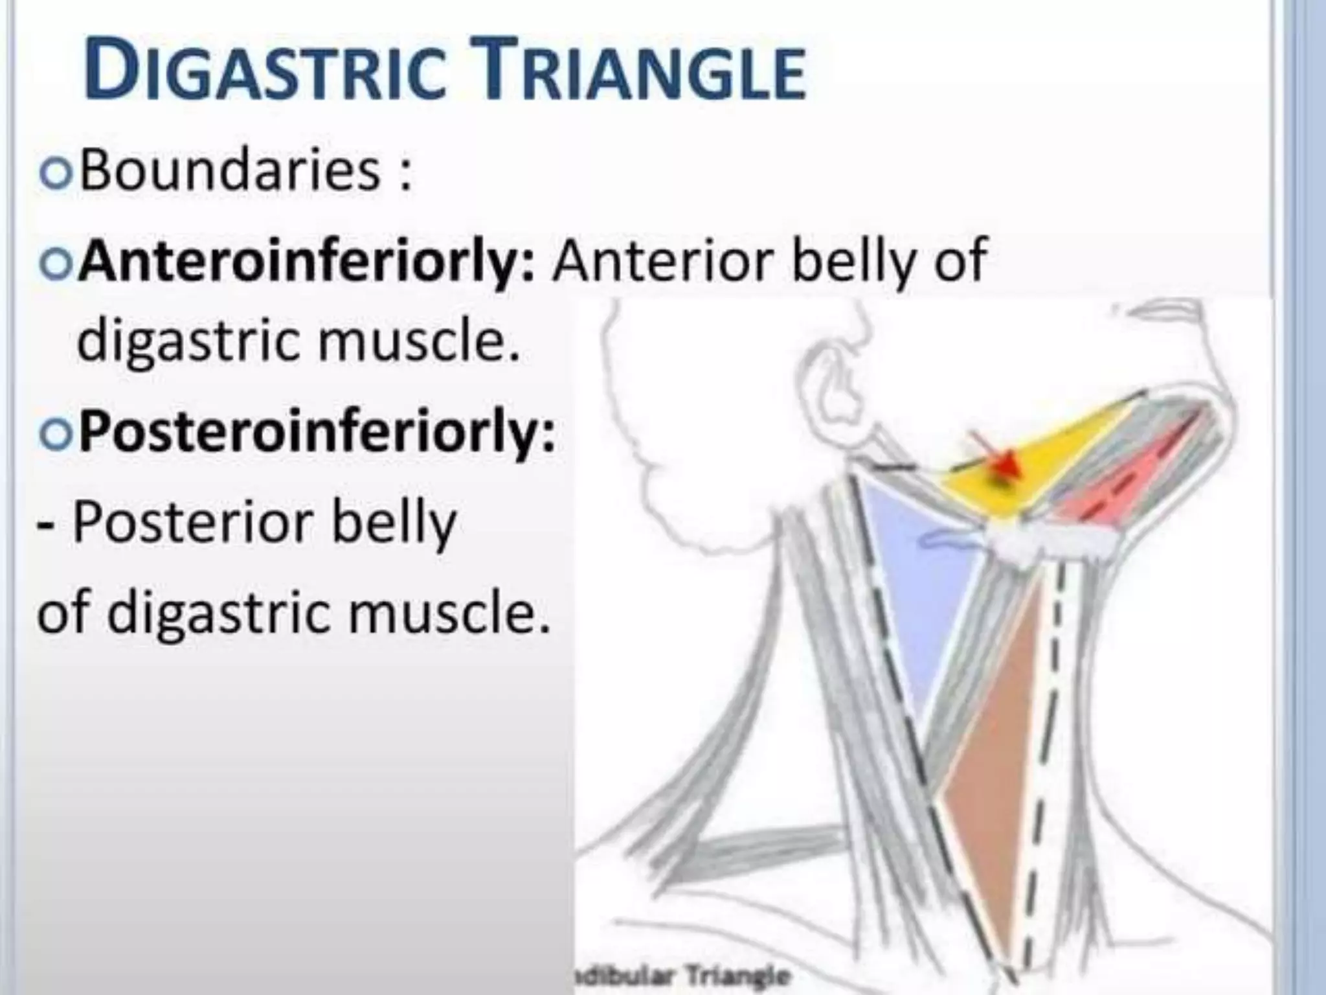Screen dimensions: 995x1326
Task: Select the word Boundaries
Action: [x=230, y=172]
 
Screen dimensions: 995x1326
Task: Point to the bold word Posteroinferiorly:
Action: [x=317, y=431]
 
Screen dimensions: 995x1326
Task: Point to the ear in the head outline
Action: [x=835, y=382]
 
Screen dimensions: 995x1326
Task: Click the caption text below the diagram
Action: [x=683, y=975]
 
